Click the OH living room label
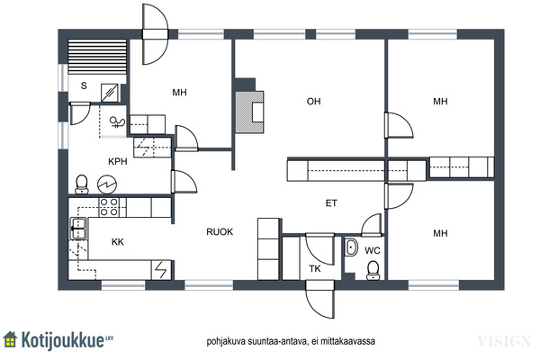point(313,102)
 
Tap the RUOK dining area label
point(220,232)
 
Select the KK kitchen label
point(118,242)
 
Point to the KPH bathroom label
point(118,161)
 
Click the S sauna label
point(84,85)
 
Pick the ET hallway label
point(331,203)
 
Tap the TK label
point(315,269)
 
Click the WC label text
point(373,250)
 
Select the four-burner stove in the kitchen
point(109,207)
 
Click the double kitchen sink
point(78,229)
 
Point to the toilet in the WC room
point(373,270)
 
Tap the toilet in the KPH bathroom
point(82,184)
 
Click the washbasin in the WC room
point(351,247)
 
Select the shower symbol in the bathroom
point(117,122)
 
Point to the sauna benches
point(97,57)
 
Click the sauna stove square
point(110,93)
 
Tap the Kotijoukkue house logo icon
point(10,339)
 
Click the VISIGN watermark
point(504,341)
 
